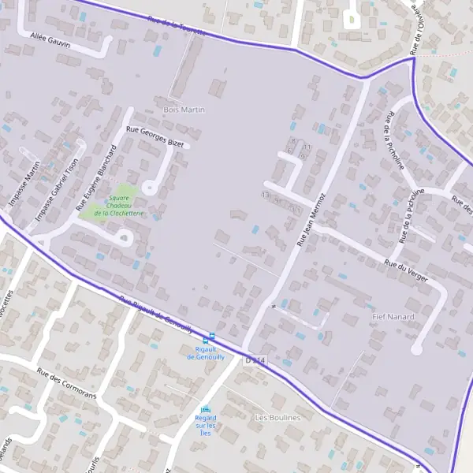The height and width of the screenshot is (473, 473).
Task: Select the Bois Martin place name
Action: (x=183, y=110)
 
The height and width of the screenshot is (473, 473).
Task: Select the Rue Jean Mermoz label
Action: (x=310, y=219)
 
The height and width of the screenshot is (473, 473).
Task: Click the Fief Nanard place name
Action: (x=393, y=316)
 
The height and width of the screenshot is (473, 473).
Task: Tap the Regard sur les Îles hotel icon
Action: (x=206, y=410)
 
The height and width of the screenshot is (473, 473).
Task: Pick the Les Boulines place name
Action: (x=277, y=417)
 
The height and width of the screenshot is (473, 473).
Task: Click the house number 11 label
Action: (x=307, y=147)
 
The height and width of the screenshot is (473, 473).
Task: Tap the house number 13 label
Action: (x=266, y=194)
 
